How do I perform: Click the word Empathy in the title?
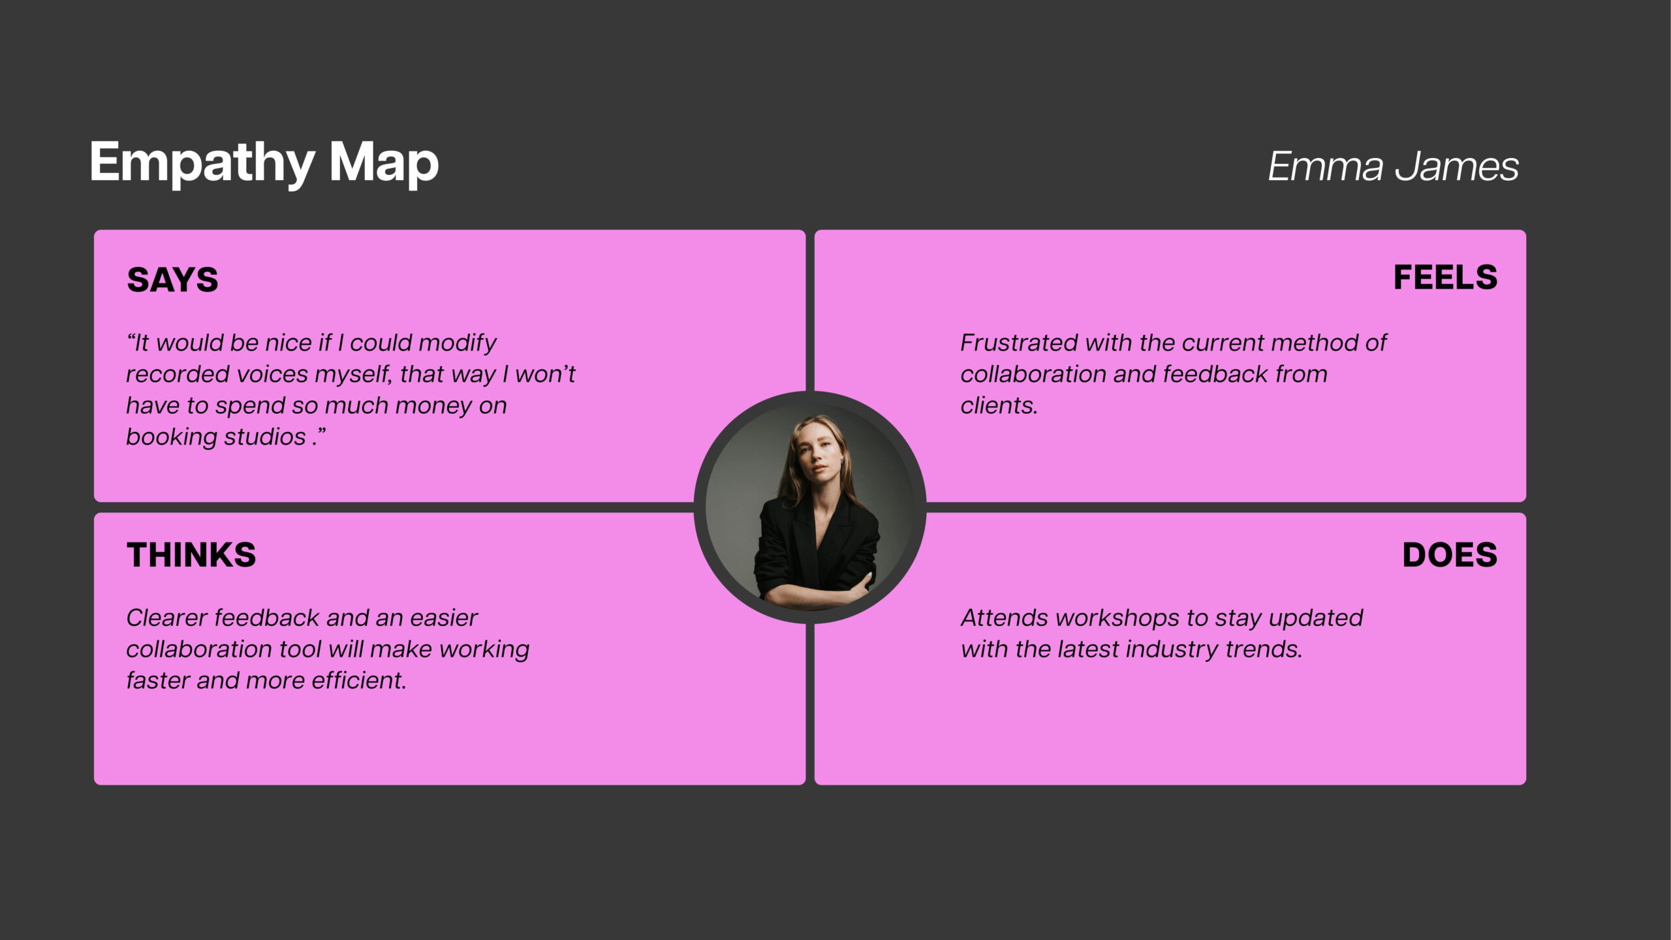point(202,163)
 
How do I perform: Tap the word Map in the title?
point(384,163)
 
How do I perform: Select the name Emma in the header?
point(1325,166)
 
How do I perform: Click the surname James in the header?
point(1457,166)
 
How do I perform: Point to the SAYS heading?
point(172,279)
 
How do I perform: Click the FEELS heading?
point(1445,277)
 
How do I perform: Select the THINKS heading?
point(191,555)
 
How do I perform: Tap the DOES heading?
point(1450,555)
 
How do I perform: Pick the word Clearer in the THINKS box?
point(166,618)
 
